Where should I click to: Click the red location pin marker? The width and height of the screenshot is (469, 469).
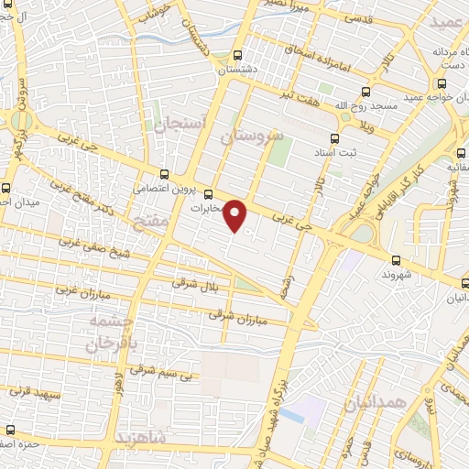[x=236, y=215]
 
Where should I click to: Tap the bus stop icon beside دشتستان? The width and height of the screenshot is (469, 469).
[x=238, y=54]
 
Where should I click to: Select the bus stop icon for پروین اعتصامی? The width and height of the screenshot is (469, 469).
[x=164, y=174]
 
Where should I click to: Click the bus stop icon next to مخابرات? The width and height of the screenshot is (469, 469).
[x=208, y=194]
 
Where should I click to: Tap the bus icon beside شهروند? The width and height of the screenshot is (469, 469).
[x=395, y=260]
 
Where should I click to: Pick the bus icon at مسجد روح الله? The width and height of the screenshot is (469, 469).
[x=365, y=92]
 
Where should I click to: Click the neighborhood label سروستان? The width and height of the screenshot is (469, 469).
[x=247, y=136]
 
